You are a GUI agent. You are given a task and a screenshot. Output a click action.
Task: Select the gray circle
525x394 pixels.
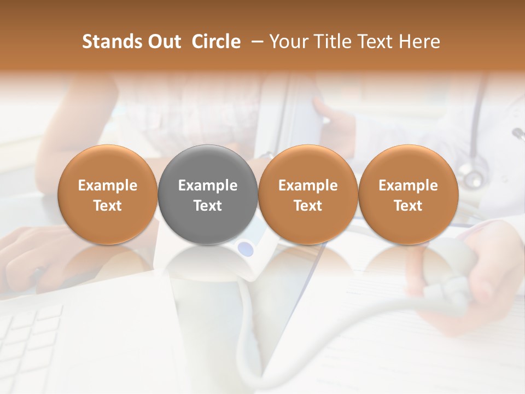tap(208, 195)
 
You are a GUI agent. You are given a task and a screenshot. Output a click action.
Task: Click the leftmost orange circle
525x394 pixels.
tap(108, 195)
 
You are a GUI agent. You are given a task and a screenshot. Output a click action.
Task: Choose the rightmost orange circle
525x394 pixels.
tap(408, 195)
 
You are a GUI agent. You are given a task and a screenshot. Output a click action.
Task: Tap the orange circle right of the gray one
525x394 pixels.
tap(308, 195)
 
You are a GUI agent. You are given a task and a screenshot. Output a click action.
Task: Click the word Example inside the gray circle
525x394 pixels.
tap(208, 186)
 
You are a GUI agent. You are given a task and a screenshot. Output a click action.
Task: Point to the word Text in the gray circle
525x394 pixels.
tap(208, 206)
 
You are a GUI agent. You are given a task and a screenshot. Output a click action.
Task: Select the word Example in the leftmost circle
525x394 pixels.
tap(108, 186)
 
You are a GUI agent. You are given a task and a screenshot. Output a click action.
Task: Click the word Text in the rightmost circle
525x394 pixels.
tap(408, 206)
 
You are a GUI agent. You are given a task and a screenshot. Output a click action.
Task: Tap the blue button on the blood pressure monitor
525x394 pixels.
tap(246, 249)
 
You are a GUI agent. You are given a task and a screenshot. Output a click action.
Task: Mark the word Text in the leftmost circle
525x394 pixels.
tap(108, 206)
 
